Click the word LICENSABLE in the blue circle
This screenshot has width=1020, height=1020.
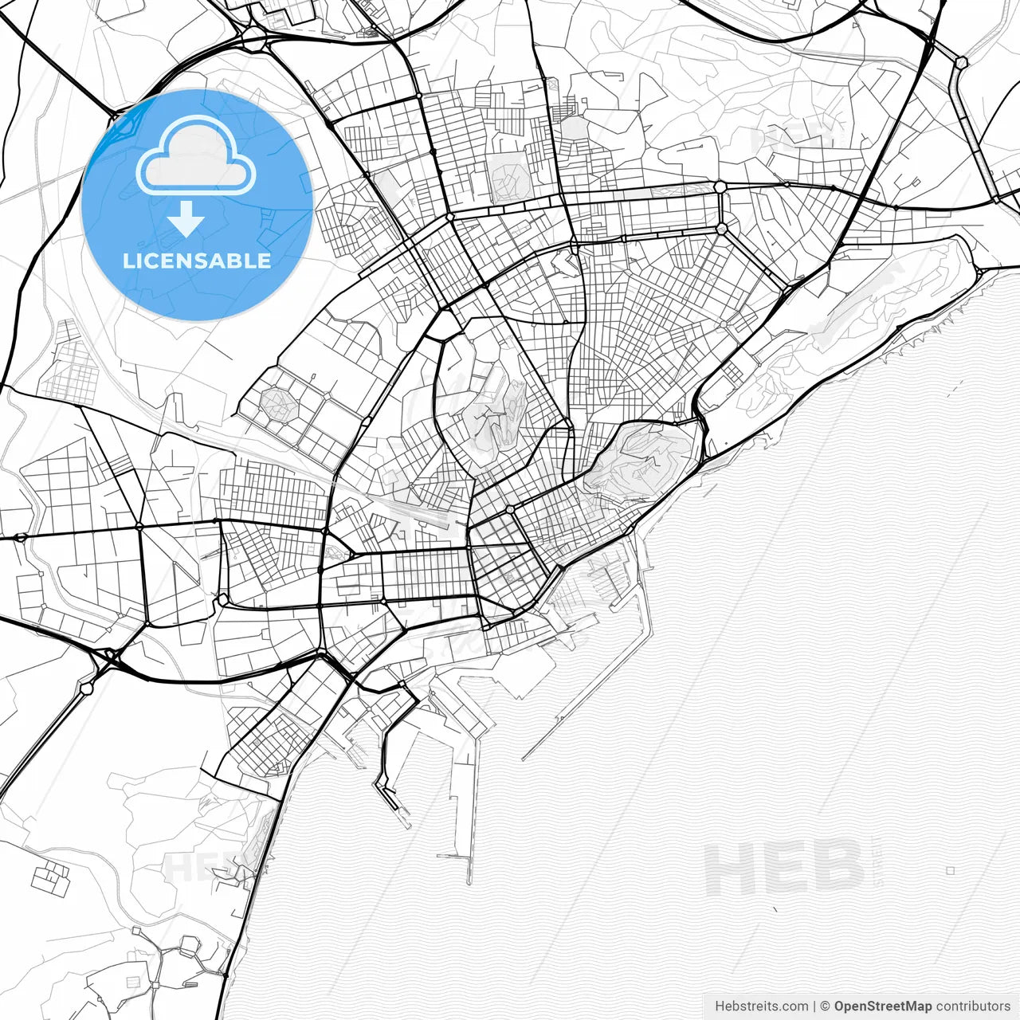pyautogui.click(x=197, y=261)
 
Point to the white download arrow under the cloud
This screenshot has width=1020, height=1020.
pyautogui.click(x=186, y=219)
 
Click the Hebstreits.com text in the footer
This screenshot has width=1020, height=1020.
pyautogui.click(x=761, y=1006)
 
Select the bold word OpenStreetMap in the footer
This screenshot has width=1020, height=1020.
pyautogui.click(x=882, y=1006)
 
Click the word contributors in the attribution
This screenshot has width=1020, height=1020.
pyautogui.click(x=973, y=1006)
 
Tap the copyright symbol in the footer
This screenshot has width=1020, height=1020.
pyautogui.click(x=826, y=1006)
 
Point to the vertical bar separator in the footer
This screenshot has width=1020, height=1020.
pyautogui.click(x=814, y=1006)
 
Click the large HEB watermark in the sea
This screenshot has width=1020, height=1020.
pyautogui.click(x=784, y=869)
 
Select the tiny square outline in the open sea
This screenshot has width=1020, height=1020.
pyautogui.click(x=951, y=871)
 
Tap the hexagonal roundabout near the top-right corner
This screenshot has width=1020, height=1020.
pyautogui.click(x=962, y=61)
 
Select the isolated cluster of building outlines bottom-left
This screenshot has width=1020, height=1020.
pyautogui.click(x=51, y=877)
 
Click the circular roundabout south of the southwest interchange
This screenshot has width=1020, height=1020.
pyautogui.click(x=87, y=685)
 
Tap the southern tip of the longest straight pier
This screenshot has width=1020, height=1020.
pyautogui.click(x=470, y=881)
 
